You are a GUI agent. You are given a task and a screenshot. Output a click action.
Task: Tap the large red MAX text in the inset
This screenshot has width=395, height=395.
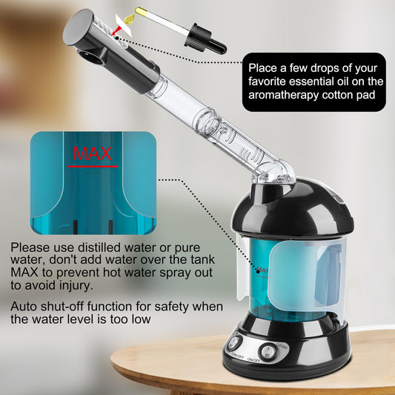93,153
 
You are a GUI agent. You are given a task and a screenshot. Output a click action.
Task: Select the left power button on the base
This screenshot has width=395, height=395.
236,343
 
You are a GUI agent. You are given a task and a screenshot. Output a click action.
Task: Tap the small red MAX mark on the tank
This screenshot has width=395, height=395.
262,265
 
